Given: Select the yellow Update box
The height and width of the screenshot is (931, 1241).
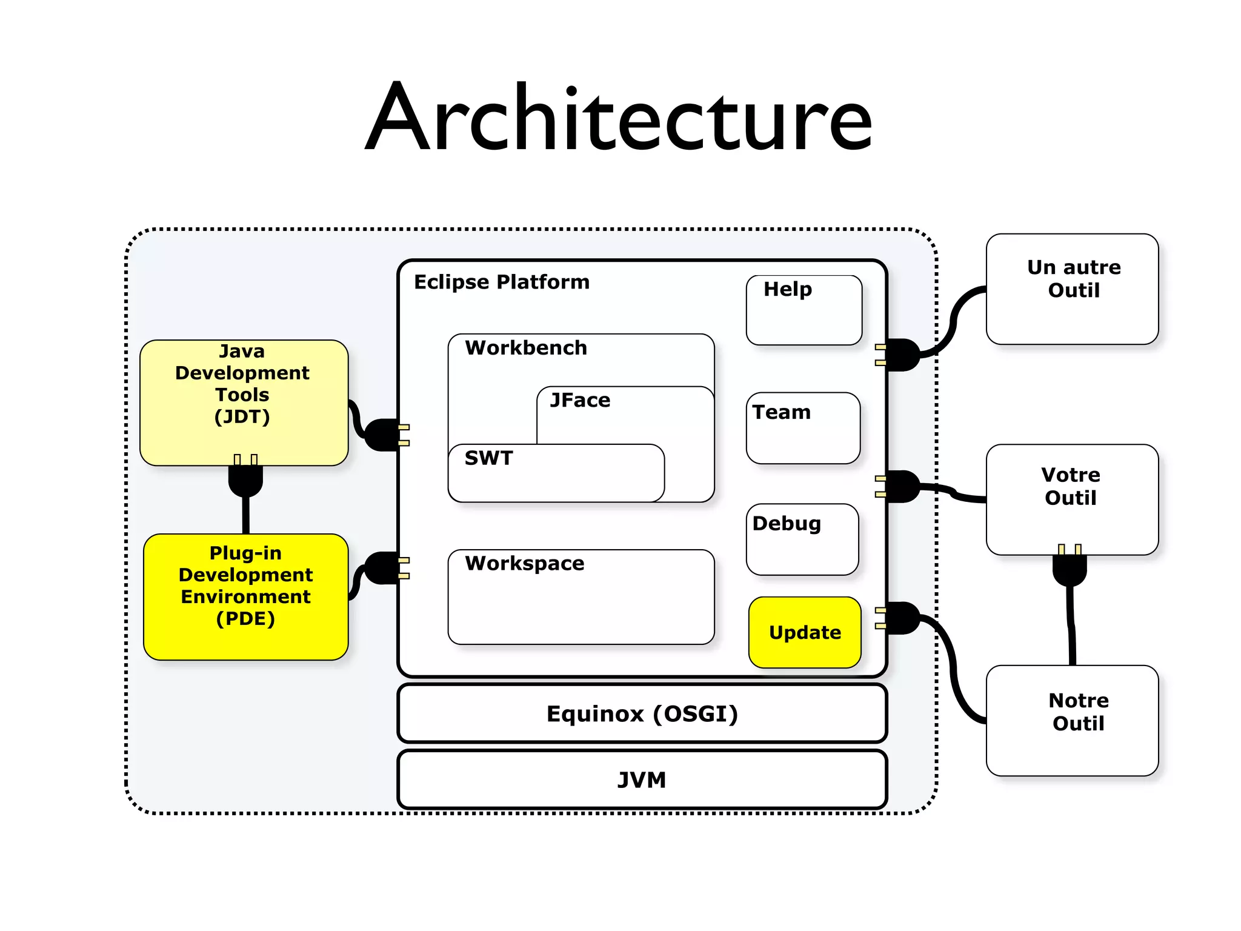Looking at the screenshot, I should [805, 632].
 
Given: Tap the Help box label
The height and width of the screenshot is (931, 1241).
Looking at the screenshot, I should [787, 289].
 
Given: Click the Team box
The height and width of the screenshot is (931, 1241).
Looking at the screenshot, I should [803, 428].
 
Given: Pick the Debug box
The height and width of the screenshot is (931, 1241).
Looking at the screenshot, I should [802, 539].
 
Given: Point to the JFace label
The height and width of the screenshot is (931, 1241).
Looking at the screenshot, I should [580, 401].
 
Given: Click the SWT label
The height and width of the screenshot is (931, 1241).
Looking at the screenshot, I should [488, 458].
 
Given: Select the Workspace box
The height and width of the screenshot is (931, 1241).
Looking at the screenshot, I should [581, 596].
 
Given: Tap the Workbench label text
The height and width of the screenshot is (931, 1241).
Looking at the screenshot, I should [526, 348].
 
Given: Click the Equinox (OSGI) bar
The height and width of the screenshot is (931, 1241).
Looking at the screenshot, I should [642, 713].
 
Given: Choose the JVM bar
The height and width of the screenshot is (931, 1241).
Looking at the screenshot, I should [642, 779].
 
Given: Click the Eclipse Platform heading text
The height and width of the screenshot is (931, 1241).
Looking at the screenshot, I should [501, 282].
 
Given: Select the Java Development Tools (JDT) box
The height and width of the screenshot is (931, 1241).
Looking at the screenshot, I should [243, 402].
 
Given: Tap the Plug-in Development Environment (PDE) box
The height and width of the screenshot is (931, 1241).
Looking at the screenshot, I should [245, 596].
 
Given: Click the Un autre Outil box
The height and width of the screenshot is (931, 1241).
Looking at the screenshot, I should [1072, 289].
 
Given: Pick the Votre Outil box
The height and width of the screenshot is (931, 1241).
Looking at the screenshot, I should [1072, 499].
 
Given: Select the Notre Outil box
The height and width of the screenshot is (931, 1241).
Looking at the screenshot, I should [1072, 720].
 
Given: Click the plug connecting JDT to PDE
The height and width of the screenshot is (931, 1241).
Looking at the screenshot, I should [245, 479].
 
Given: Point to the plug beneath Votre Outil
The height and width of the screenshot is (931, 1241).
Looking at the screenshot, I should [1070, 569].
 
